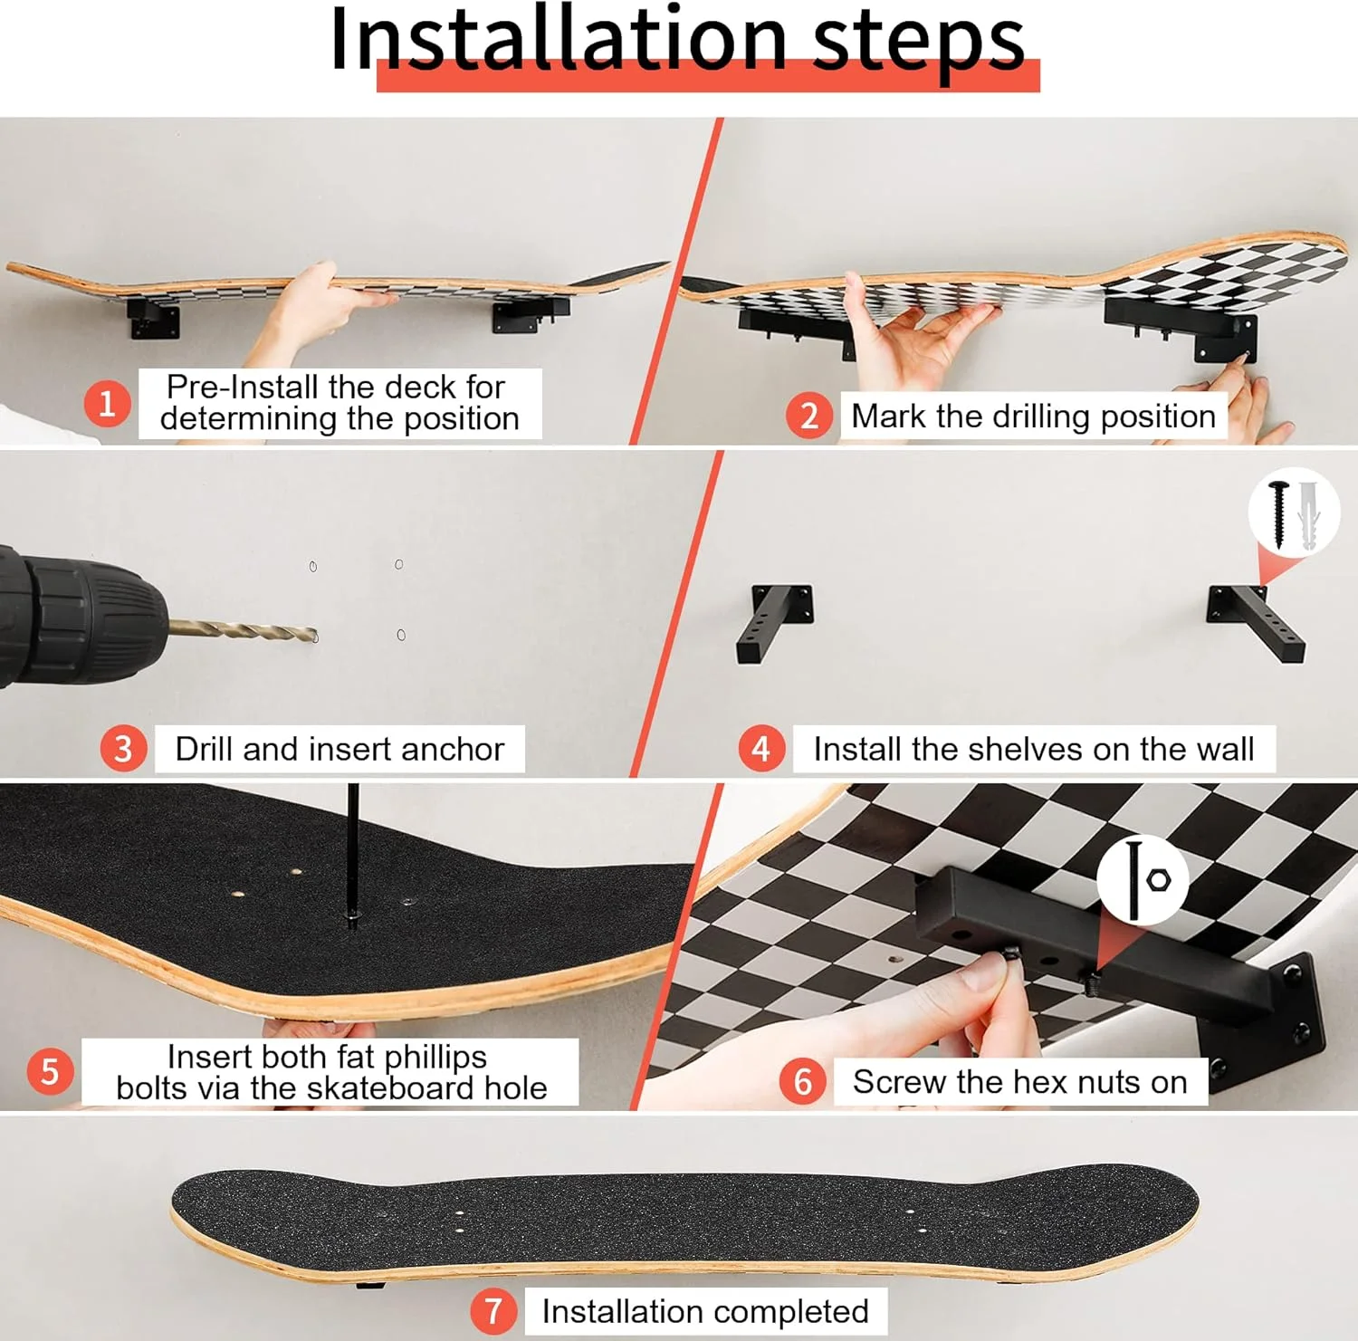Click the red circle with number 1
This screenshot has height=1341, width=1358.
[x=108, y=403]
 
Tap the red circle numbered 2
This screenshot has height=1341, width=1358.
[x=809, y=416]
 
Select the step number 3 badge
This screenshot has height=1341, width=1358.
[x=123, y=749]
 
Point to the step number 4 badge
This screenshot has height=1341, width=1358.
[x=761, y=749]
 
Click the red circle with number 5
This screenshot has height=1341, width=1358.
[x=50, y=1072]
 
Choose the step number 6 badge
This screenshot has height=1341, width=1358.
[x=803, y=1081]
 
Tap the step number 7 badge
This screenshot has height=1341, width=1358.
[x=493, y=1311]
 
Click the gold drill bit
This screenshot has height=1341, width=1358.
[x=243, y=629]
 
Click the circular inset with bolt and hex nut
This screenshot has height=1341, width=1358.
[x=1143, y=879]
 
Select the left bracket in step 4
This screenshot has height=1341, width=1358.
[x=774, y=623]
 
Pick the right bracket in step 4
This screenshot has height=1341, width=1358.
[x=1256, y=624]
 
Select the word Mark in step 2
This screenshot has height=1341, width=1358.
[x=889, y=416]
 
